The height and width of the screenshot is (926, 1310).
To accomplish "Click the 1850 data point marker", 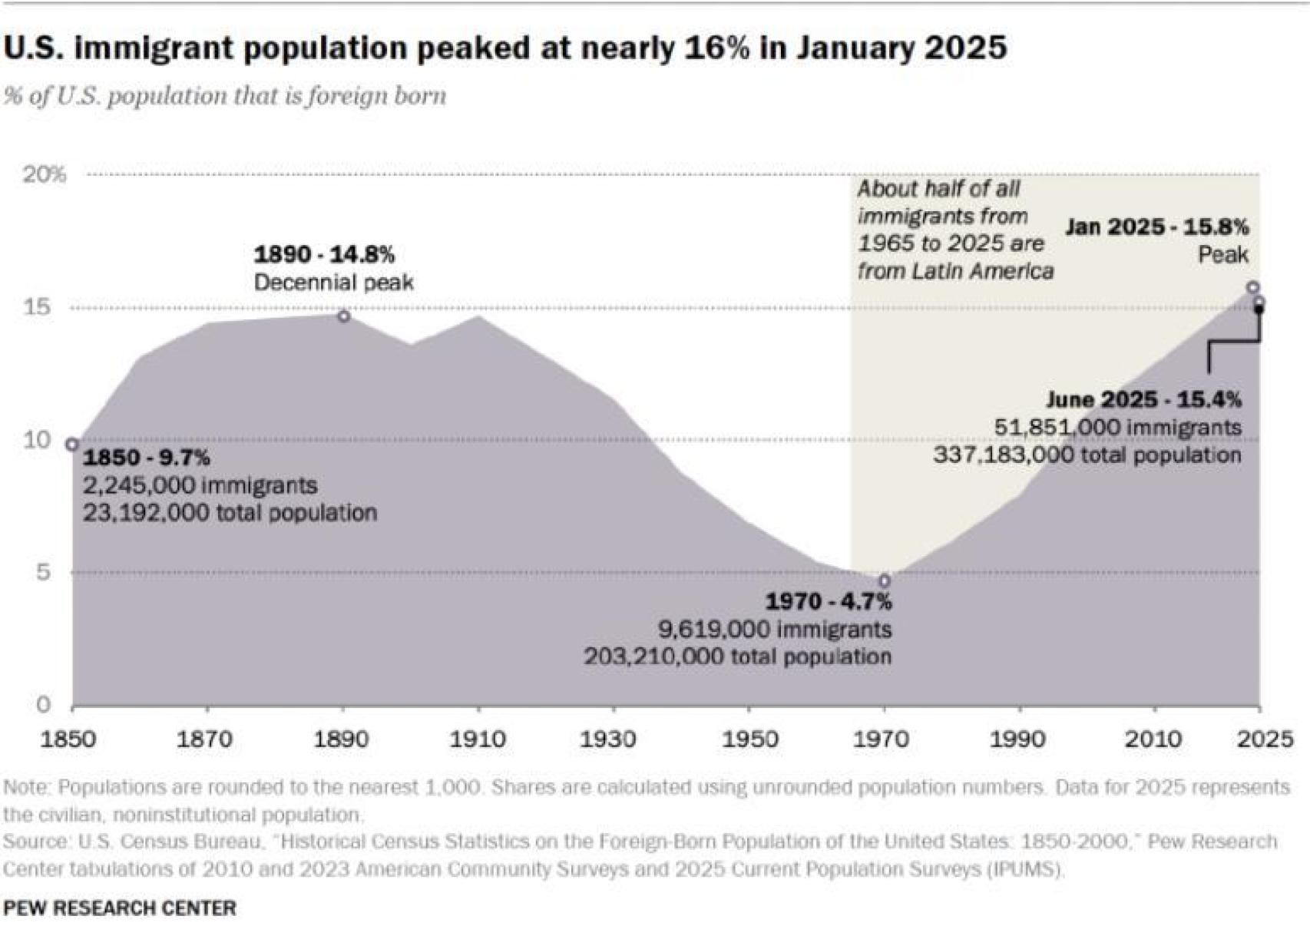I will click(x=72, y=445).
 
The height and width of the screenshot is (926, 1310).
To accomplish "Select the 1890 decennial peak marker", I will click(x=344, y=316).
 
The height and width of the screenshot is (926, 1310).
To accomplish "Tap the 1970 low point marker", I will click(x=885, y=581).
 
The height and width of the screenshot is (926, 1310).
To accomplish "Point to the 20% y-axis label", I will click(x=44, y=174).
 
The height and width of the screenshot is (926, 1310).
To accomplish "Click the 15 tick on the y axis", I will click(x=37, y=307).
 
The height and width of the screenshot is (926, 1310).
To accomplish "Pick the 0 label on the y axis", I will click(x=44, y=704).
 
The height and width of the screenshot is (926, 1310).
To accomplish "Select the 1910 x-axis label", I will click(x=478, y=739).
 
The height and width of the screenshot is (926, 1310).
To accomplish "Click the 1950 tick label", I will click(x=749, y=739).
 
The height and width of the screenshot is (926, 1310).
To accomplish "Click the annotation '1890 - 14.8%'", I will click(x=324, y=254).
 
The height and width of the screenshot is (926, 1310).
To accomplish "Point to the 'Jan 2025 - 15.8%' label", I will click(x=1156, y=227).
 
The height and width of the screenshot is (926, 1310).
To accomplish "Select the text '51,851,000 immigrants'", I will click(x=1117, y=427).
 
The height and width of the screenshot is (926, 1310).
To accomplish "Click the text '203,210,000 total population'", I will click(x=737, y=657).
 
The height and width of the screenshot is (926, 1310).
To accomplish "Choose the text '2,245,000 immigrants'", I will click(x=200, y=485).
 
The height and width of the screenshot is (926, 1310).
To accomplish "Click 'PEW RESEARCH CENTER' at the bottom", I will click(x=120, y=908).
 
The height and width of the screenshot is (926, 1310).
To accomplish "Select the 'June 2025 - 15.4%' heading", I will click(x=1143, y=399).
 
